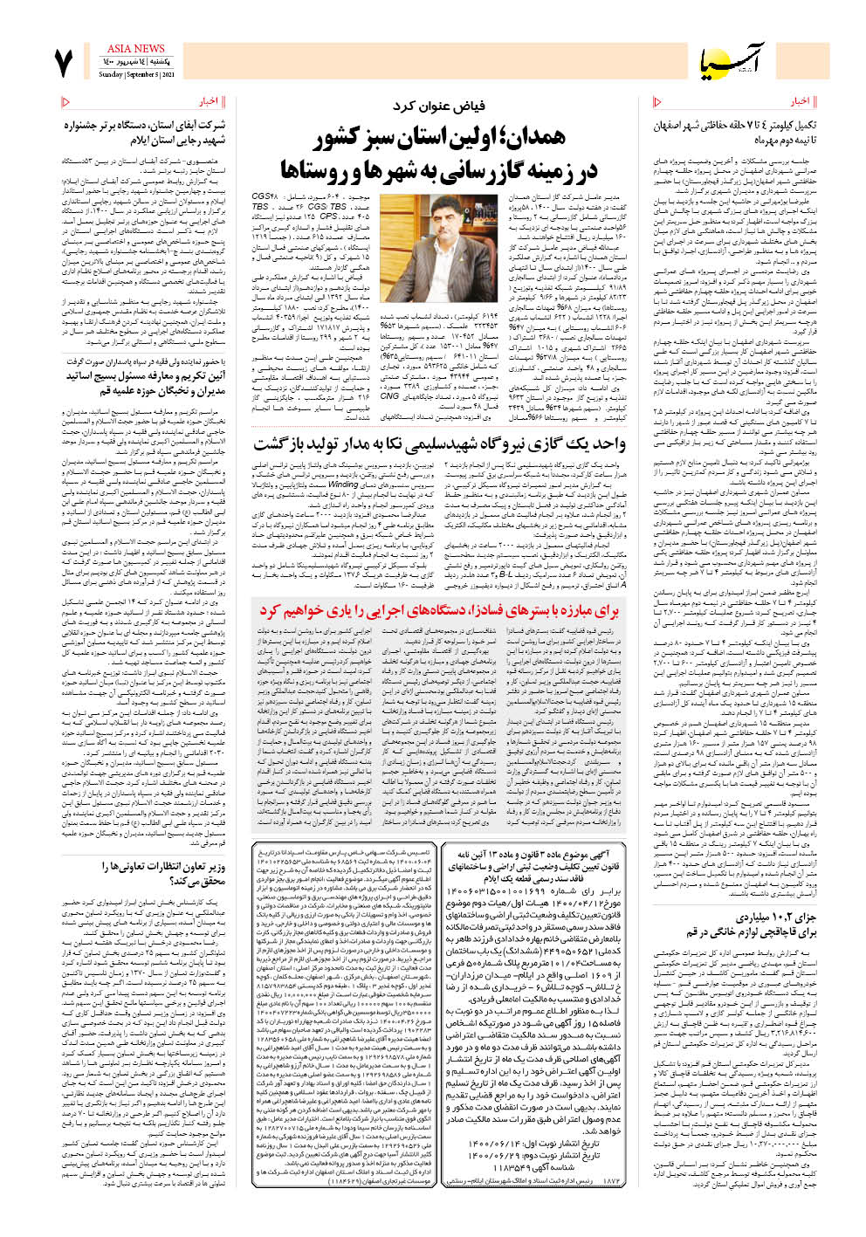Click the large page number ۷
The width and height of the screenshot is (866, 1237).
coord(64,62)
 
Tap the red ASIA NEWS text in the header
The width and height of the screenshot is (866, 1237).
coord(135,48)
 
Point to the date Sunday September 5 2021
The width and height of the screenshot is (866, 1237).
coord(136,75)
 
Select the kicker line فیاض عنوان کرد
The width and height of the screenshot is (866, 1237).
coord(438,107)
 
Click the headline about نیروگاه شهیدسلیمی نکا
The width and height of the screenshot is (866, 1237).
coord(439,443)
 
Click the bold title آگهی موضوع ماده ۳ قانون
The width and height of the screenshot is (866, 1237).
coord(533,860)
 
